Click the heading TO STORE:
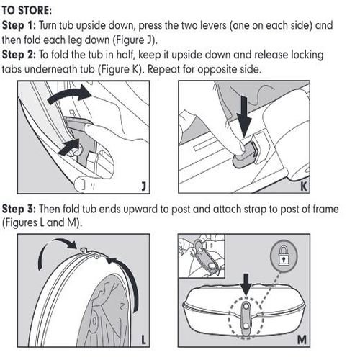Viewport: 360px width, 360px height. coord(27,11)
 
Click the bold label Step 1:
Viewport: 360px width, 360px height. coord(19,25)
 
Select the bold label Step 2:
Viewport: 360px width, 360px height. coord(19,55)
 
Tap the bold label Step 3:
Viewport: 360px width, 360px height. coord(19,209)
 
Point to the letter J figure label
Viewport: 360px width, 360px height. coord(143,186)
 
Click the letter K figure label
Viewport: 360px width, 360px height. coord(304,186)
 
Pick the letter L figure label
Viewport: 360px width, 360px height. coord(143,340)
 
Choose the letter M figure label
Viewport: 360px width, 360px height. coord(302,340)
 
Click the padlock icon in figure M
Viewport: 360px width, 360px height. coord(284,256)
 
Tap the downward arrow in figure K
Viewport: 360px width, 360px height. coord(244,117)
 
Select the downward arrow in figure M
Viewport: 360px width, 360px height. coord(246,285)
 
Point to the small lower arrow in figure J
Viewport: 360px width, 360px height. coord(69,147)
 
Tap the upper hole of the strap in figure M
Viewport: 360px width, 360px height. coord(246,307)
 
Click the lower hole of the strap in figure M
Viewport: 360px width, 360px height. coord(246,326)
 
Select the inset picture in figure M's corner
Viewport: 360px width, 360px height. coord(202,256)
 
